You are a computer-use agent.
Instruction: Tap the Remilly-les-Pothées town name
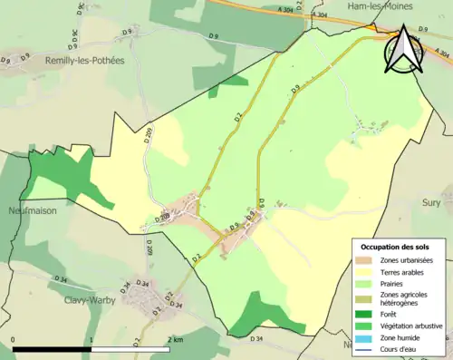[86, 60]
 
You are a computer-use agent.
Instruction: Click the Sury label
[431, 203]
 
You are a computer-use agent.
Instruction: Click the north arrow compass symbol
[401, 50]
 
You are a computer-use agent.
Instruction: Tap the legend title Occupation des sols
[395, 247]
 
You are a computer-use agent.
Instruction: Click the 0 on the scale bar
[13, 339]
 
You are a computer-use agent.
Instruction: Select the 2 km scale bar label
[175, 339]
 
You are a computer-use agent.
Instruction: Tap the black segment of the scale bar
[53, 349]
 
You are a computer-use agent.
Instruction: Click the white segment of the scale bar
[132, 349]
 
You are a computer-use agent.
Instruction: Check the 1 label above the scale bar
[92, 339]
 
